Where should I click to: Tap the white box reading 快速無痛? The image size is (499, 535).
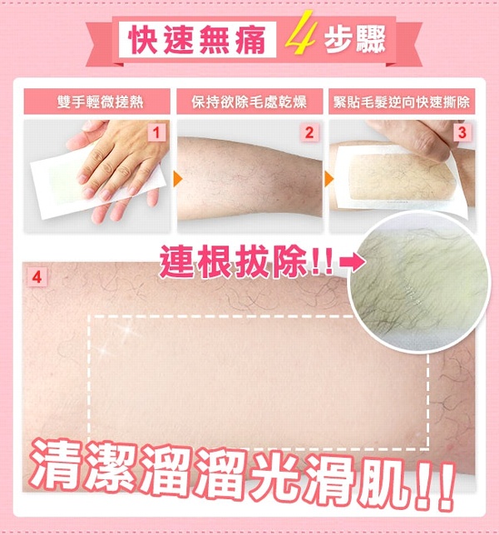click(x=197, y=39)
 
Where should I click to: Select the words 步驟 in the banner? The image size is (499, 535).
click(x=355, y=40)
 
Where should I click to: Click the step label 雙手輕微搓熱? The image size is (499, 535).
click(x=96, y=102)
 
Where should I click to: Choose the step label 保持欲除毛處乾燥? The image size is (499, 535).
click(x=249, y=102)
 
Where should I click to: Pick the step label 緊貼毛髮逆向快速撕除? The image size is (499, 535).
click(x=402, y=102)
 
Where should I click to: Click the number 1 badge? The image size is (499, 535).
click(x=156, y=133)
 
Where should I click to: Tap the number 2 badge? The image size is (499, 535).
click(x=309, y=133)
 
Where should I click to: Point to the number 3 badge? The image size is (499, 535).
click(x=462, y=133)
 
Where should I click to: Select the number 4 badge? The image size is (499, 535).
click(x=37, y=277)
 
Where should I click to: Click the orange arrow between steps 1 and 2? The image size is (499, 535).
click(x=178, y=179)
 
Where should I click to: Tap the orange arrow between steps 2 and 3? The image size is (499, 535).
click(x=329, y=179)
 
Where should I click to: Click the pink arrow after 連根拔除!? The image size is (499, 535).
click(x=353, y=262)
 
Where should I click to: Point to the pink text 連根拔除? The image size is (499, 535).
click(x=234, y=261)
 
